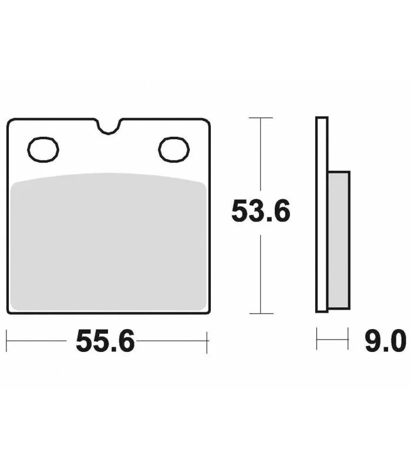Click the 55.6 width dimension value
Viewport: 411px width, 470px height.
[x=105, y=341]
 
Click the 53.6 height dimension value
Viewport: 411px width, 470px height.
[x=261, y=211]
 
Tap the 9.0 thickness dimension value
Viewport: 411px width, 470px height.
[x=386, y=341]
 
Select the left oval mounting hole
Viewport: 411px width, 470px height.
[x=43, y=150]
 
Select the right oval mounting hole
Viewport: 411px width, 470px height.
[x=174, y=150]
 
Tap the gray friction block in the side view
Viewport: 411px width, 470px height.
[x=339, y=240]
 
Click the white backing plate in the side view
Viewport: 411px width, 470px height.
[x=322, y=214]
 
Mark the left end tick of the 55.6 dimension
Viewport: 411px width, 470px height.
[x=6, y=341]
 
